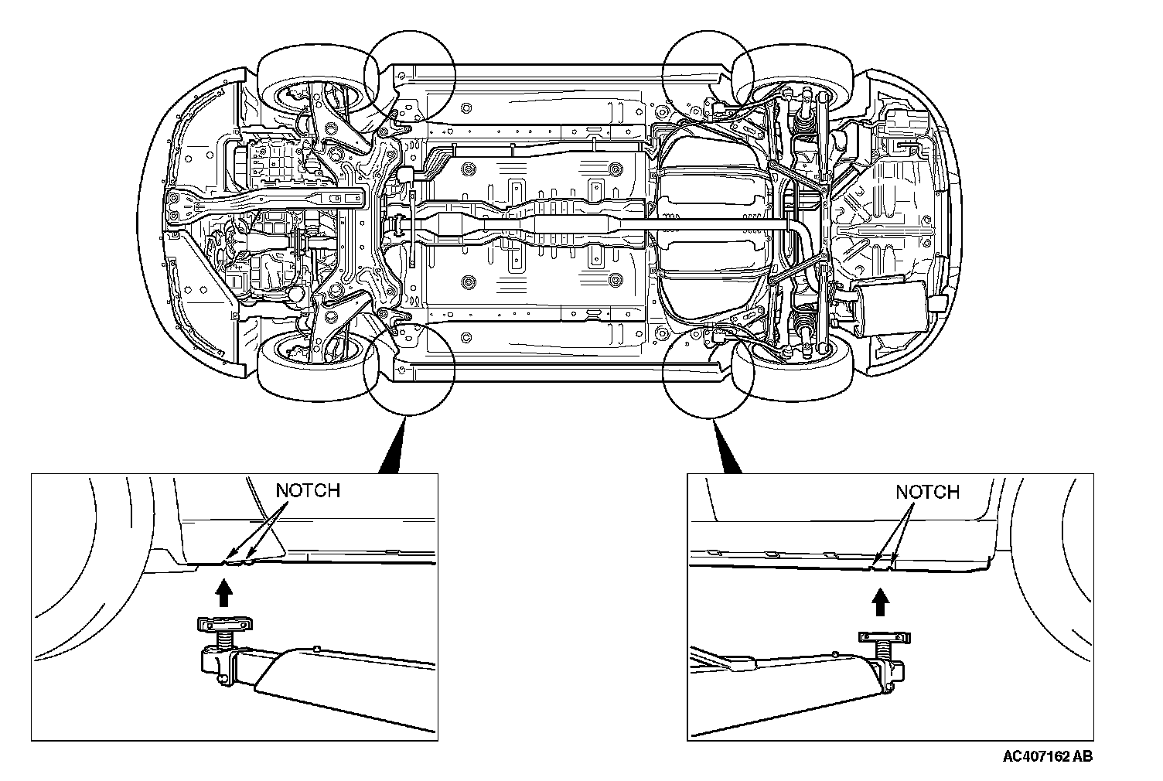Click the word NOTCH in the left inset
click(x=308, y=490)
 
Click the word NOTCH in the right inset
click(x=927, y=492)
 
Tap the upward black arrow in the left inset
click(x=223, y=593)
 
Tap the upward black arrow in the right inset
click(x=879, y=601)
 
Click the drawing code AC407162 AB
click(x=1048, y=756)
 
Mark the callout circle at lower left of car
click(x=409, y=368)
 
